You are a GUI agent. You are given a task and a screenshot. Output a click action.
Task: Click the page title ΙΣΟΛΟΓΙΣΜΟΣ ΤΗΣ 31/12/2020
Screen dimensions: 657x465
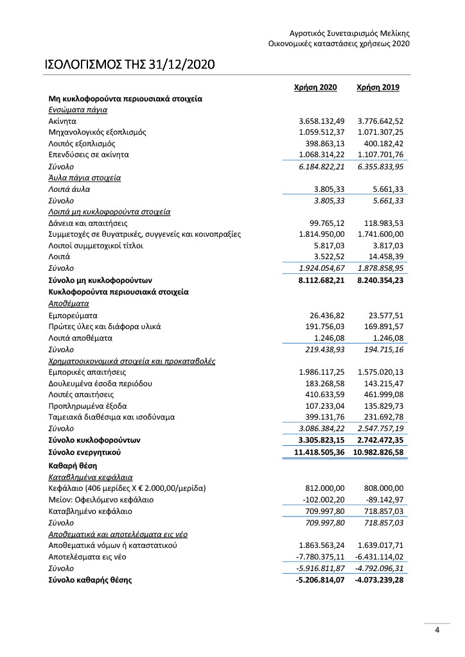click(x=129, y=65)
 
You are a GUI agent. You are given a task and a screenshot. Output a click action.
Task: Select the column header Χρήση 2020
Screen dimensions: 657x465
click(x=315, y=88)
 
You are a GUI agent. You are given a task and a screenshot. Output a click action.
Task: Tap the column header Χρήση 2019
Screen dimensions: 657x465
click(x=378, y=88)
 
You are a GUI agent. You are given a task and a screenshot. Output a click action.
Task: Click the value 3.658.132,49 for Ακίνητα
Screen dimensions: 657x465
click(x=322, y=121)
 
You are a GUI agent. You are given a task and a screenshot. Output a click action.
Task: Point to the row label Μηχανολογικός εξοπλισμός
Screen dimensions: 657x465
click(x=97, y=132)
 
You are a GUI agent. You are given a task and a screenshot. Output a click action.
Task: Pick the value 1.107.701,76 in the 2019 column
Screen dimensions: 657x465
click(x=380, y=155)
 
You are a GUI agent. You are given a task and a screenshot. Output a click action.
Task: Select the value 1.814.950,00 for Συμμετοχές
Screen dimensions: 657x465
click(x=322, y=234)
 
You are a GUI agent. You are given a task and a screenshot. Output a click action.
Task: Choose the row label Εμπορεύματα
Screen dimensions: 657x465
click(x=73, y=316)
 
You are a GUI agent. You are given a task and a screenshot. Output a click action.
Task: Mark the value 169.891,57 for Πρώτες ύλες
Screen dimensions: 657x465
click(x=380, y=327)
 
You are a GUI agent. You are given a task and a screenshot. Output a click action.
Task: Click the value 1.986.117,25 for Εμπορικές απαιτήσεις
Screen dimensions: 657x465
click(x=322, y=372)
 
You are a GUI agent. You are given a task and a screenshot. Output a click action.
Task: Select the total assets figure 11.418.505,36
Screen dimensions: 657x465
click(x=319, y=452)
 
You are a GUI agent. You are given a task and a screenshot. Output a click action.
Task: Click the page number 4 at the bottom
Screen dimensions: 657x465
click(x=437, y=630)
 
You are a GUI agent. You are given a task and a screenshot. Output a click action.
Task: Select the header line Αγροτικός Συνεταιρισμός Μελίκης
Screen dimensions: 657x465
click(x=349, y=33)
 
